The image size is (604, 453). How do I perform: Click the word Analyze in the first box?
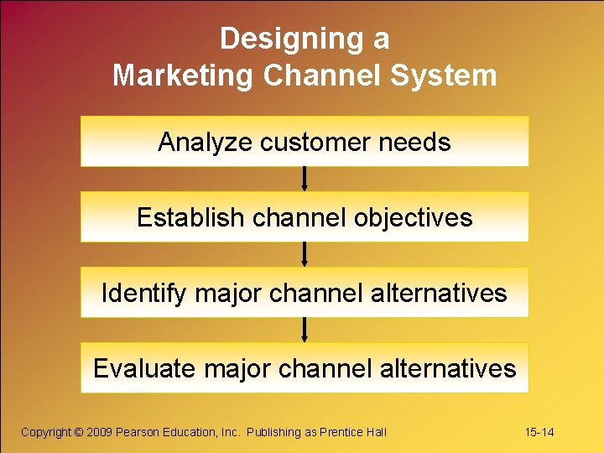(x=205, y=143)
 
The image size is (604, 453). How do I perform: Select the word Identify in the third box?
(x=144, y=294)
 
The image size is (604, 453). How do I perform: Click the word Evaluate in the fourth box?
(x=143, y=368)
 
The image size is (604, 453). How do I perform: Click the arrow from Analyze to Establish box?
(x=305, y=179)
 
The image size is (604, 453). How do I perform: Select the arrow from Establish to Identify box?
(x=305, y=254)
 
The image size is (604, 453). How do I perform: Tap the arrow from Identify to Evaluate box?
(x=305, y=330)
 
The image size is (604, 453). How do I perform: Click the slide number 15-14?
(x=539, y=432)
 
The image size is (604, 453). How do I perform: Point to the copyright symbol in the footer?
(x=79, y=432)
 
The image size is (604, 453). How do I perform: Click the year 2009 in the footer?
(x=100, y=432)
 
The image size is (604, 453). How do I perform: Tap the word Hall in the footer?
(x=376, y=432)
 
